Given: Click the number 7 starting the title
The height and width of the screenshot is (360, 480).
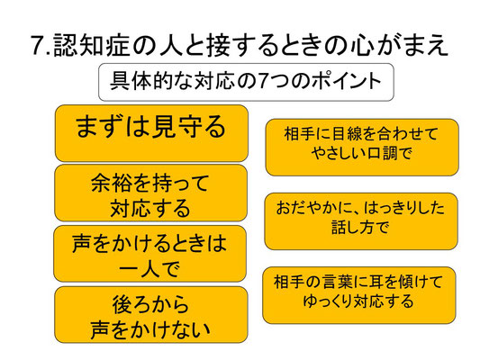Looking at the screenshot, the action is pyautogui.click(x=38, y=45).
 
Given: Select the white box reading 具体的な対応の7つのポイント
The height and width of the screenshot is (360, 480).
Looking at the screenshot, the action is pyautogui.click(x=246, y=82).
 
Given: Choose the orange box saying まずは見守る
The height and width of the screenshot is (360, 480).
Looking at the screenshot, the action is pyautogui.click(x=151, y=133).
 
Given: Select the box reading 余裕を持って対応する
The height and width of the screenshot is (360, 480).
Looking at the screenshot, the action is pyautogui.click(x=150, y=193).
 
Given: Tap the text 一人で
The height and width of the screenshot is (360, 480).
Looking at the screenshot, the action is pyautogui.click(x=149, y=269).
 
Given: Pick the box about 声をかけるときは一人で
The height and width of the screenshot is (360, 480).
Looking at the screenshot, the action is pyautogui.click(x=150, y=254).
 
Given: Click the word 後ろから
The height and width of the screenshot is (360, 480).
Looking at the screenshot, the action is pyautogui.click(x=150, y=304).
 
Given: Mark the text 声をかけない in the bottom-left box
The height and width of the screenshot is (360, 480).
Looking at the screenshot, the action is pyautogui.click(x=150, y=329).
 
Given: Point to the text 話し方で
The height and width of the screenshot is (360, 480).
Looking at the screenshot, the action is pyautogui.click(x=360, y=228).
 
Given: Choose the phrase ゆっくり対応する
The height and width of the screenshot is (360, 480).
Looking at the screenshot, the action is pyautogui.click(x=358, y=301).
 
